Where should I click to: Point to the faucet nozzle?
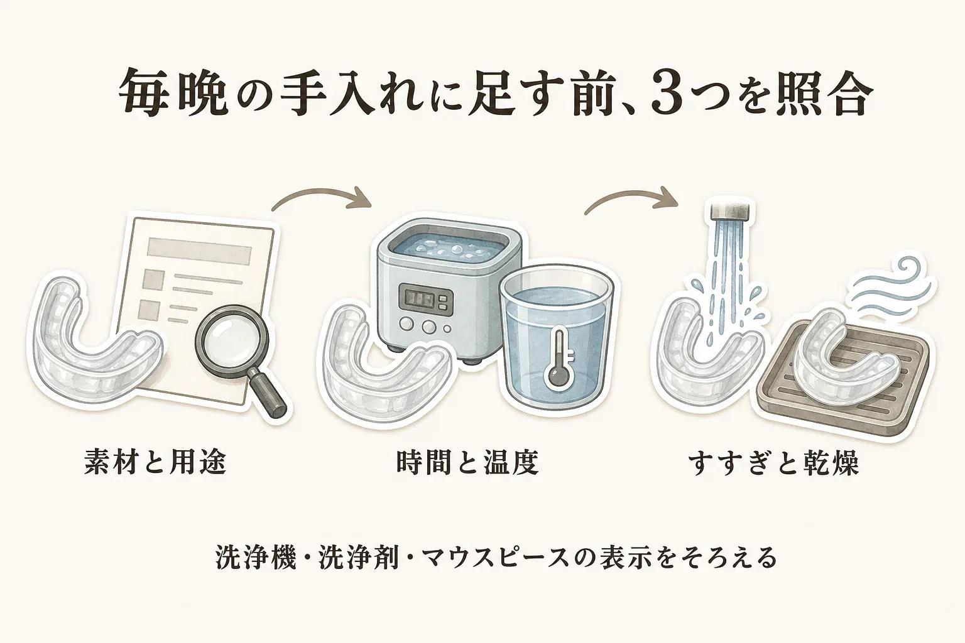[732, 209]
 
